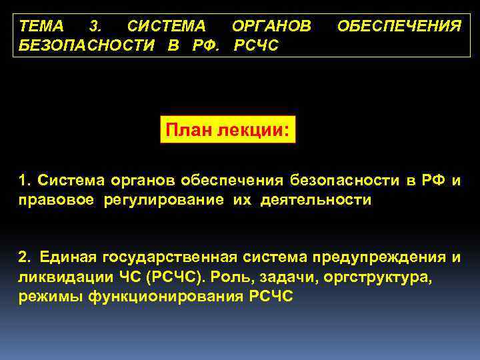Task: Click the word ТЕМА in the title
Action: click(x=41, y=27)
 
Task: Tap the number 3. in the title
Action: click(x=95, y=27)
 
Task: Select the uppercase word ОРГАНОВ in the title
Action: click(x=271, y=27)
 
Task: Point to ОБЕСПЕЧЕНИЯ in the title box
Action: click(x=399, y=27)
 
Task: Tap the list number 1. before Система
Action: click(x=25, y=180)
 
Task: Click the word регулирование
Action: click(x=163, y=199)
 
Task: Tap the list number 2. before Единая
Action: click(x=25, y=257)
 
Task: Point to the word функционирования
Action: click(x=166, y=296)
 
